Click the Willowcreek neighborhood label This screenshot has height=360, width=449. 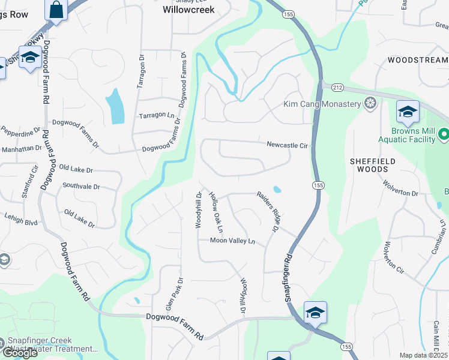click(x=188, y=10)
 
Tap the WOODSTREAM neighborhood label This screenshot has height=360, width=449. click(x=418, y=60)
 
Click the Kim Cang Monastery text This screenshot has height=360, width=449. click(x=322, y=104)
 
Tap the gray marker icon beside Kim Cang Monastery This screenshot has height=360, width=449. click(x=371, y=104)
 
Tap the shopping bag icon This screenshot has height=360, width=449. click(x=56, y=10)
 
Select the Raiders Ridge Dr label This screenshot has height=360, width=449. click(x=269, y=211)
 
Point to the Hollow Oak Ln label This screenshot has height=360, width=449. click(x=216, y=212)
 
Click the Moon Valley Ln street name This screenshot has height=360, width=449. click(x=232, y=241)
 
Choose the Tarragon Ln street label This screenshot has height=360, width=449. click(x=156, y=115)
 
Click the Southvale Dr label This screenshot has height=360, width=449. click(x=81, y=187)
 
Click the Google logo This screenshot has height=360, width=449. click(x=20, y=353)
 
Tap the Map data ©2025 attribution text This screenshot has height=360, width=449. click(x=423, y=355)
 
